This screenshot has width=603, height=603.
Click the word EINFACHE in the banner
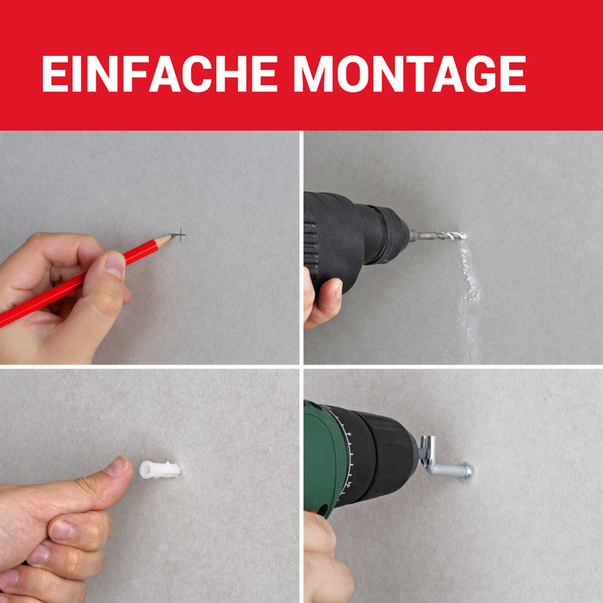point(159,73)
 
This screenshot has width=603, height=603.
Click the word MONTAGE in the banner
point(410,73)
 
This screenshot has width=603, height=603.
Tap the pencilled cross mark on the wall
point(179,234)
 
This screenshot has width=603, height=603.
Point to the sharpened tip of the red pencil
point(171,235)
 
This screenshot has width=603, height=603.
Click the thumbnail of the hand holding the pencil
point(115,264)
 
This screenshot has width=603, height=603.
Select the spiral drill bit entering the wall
point(438,235)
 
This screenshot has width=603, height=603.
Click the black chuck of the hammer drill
point(384,233)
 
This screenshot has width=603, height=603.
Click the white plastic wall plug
point(160,469)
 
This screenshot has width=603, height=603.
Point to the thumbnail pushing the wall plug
point(117,466)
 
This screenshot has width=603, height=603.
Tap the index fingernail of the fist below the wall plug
point(62,530)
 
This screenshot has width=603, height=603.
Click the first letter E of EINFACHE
point(55,73)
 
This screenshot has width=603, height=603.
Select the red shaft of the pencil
point(77,283)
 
